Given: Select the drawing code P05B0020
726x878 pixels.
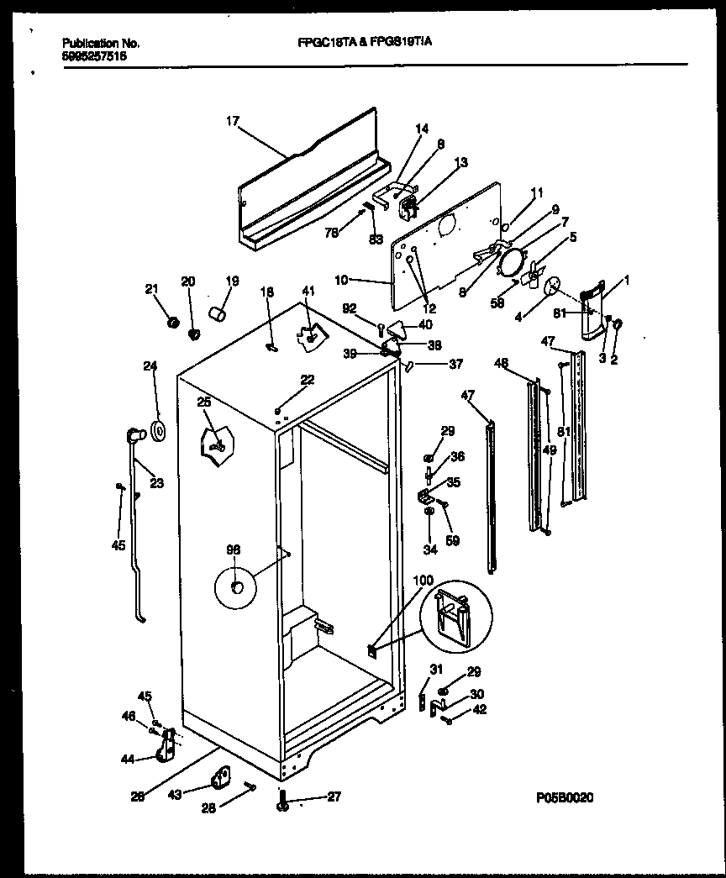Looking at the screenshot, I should coord(564,799).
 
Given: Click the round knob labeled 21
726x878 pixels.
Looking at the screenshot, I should coord(174,323).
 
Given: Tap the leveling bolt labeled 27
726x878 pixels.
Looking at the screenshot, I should coord(283,805).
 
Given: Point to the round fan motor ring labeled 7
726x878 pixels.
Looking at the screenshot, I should coord(509,261).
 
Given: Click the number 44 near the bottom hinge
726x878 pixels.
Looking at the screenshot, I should coord(127,759).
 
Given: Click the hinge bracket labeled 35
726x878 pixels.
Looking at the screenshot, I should coord(426,496).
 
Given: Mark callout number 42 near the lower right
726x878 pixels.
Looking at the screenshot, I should coord(480,708).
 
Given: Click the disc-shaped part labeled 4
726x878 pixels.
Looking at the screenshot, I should coord(552,287).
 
